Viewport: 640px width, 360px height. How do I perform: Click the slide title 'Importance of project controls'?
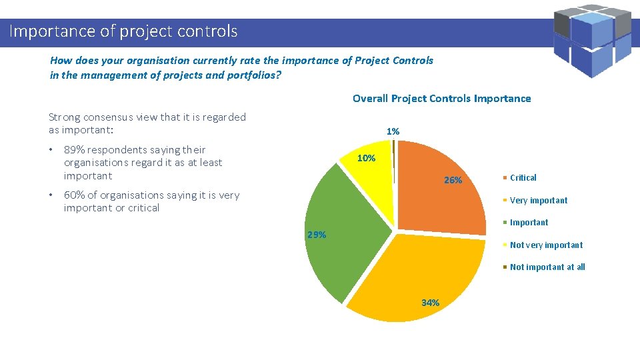(x=123, y=31)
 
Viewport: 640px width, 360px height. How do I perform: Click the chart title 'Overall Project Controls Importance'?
(x=441, y=99)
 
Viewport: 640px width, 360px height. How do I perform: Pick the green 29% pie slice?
(x=347, y=227)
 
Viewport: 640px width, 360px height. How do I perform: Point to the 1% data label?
(x=393, y=132)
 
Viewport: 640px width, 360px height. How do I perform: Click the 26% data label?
(x=453, y=180)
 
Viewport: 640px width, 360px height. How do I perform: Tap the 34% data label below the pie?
(x=430, y=303)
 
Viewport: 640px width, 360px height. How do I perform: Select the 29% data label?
(x=316, y=235)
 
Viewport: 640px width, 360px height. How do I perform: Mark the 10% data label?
(x=366, y=159)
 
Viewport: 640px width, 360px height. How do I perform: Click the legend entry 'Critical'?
(x=523, y=178)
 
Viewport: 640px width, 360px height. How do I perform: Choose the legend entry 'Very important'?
(x=539, y=200)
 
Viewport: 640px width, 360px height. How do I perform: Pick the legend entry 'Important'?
(x=529, y=223)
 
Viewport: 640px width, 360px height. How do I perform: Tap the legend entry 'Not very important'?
(x=546, y=245)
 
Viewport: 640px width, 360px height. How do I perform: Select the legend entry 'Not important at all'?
(x=547, y=267)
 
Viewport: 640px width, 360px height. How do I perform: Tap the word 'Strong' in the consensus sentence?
(x=64, y=117)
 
